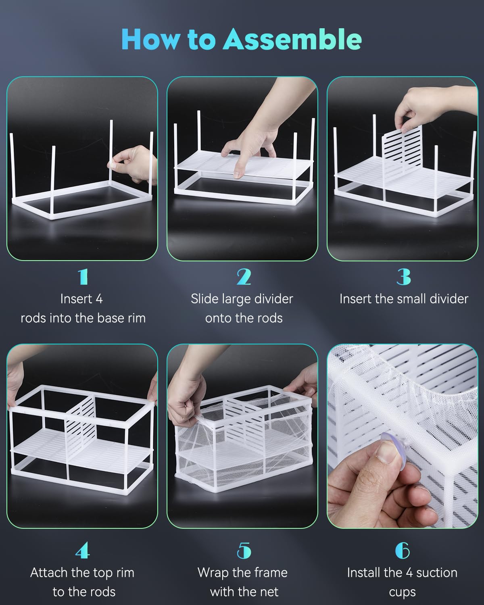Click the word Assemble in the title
coord(292,40)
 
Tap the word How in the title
coord(150,40)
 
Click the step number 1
coord(83,277)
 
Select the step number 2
coord(244,277)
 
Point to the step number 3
coord(403,277)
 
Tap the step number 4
coord(82,551)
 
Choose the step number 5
coord(244,551)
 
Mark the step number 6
coord(403,551)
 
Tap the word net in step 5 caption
coord(269,592)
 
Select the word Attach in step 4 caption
coord(49,573)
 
